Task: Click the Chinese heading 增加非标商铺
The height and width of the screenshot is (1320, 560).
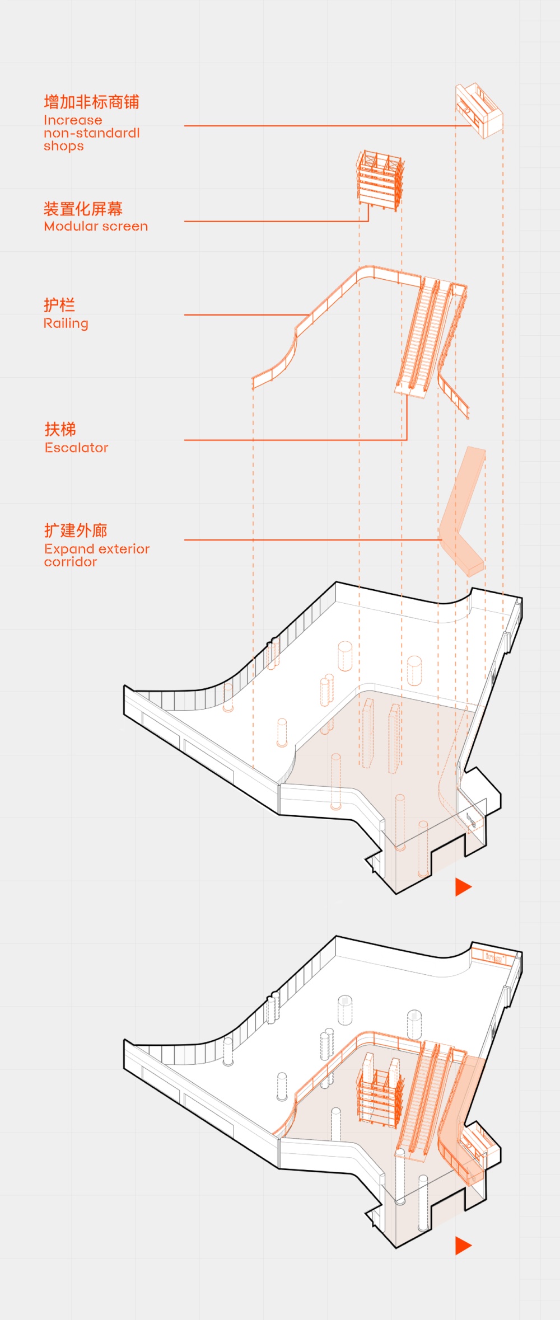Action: pos(92,102)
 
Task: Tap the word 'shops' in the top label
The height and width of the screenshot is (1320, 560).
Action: pos(64,146)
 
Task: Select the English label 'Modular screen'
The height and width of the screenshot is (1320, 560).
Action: pos(96,226)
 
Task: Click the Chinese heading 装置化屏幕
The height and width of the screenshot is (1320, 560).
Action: pos(83,209)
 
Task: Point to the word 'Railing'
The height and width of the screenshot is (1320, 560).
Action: pos(66,323)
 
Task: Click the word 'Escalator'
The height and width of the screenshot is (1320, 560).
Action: pos(77,448)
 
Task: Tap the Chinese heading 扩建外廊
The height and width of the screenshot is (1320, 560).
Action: pos(76,530)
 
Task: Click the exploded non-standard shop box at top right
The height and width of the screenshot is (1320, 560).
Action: pos(479,110)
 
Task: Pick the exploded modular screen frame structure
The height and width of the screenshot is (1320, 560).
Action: pos(381,180)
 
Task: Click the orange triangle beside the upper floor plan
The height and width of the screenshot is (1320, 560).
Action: pos(463,887)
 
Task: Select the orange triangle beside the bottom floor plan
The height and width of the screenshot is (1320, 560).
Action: pos(463,1246)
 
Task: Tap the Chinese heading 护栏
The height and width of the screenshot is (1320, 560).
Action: pos(59,305)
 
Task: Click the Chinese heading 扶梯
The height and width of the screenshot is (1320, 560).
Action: pos(60,429)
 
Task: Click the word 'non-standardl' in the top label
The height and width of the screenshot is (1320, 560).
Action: pos(92,133)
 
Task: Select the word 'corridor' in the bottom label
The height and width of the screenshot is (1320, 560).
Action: pos(71,562)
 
